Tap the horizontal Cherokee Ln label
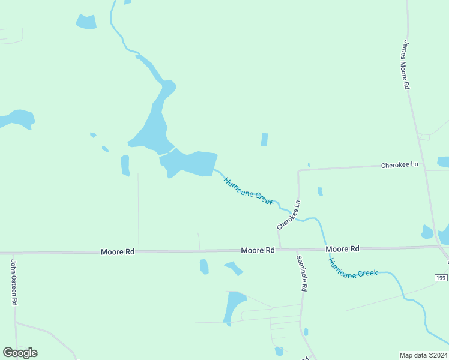[399, 164]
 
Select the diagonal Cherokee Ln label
[288, 215]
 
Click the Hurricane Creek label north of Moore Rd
[248, 191]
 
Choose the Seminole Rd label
[301, 274]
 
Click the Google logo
[20, 353]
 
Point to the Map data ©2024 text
[423, 355]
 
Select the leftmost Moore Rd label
[118, 253]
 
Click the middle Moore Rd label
[258, 250]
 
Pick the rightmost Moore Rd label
[342, 248]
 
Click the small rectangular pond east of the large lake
[264, 140]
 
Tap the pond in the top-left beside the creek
[86, 22]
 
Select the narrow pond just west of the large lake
[125, 166]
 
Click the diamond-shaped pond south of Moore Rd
[234, 268]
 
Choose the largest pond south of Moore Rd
[234, 307]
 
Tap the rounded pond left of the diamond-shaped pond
[204, 266]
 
